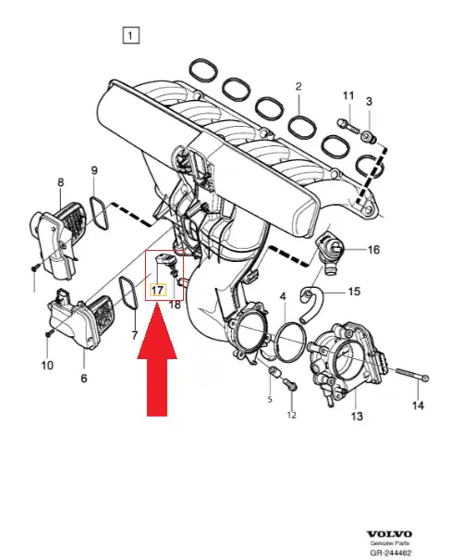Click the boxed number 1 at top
pos(130,35)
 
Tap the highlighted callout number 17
pos(157,290)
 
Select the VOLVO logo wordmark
pos(389,534)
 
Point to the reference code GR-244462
pos(390,553)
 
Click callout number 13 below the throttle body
pos(357,417)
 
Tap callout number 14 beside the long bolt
pos(418,405)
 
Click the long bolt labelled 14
pos(412,375)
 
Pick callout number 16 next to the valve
pos(373,249)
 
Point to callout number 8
pos(61,182)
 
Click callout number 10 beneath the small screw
pos(47,366)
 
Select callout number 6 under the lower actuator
pos(84,378)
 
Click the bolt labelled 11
pos(348,126)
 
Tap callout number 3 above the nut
pos(369,102)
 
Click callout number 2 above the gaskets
pos(299,86)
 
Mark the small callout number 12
pos(292,415)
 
